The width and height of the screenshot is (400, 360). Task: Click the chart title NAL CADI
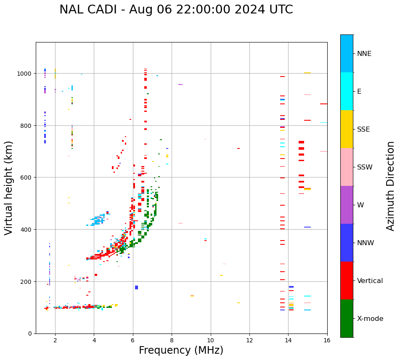click(x=176, y=10)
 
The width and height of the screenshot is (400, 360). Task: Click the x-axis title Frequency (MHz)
click(x=181, y=350)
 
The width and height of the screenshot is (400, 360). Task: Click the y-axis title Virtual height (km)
click(x=9, y=188)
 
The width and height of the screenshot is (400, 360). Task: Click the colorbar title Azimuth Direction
click(x=391, y=186)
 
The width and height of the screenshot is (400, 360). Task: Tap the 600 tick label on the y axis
click(x=26, y=177)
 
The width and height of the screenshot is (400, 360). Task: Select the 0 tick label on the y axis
click(x=30, y=334)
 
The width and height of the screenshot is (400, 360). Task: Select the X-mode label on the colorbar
click(x=370, y=319)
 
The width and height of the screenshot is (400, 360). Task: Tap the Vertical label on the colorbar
click(x=370, y=281)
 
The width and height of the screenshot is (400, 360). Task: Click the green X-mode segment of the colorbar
click(x=347, y=318)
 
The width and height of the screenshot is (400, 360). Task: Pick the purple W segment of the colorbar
click(x=347, y=205)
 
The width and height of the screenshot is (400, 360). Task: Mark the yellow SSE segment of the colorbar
click(x=347, y=129)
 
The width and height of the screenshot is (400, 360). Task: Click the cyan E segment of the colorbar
click(x=347, y=91)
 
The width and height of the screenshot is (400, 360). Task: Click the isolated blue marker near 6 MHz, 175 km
click(x=136, y=288)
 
